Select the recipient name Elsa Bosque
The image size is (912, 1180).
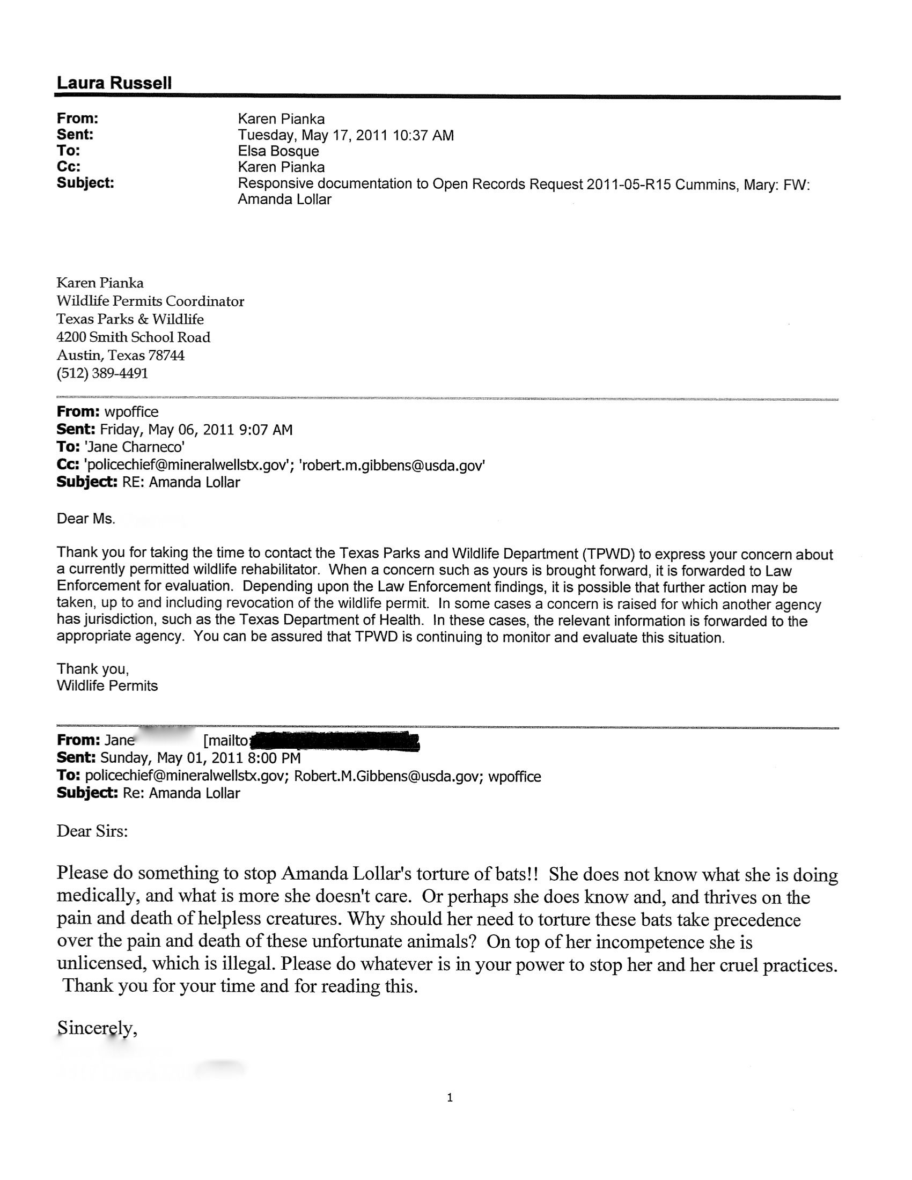278,151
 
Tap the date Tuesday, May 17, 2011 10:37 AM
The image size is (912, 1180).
346,135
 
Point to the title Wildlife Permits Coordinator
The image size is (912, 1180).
150,301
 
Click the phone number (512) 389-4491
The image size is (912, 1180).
102,373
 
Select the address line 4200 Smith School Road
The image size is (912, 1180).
134,337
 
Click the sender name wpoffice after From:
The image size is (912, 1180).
131,412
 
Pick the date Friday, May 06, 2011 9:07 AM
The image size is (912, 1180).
197,430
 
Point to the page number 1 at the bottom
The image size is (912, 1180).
450,1097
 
